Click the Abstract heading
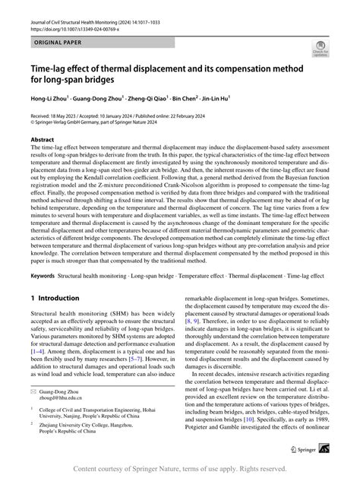[x=43, y=141]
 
